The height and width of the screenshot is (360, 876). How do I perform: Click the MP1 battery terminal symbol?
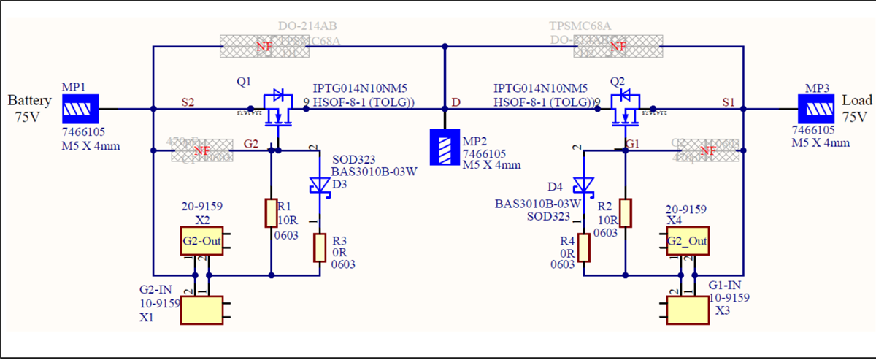point(77,110)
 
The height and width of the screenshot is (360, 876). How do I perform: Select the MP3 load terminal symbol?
point(818,110)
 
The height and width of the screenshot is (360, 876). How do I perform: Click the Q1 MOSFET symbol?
point(276,108)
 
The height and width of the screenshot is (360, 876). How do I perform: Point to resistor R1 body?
point(271,212)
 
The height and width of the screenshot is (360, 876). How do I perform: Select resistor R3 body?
point(320,248)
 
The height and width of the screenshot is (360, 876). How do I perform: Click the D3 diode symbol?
point(319,185)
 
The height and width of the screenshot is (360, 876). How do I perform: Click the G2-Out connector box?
point(201,240)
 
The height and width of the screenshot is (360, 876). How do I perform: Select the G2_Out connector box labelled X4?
point(688,240)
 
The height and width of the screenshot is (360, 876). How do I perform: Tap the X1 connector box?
point(201,310)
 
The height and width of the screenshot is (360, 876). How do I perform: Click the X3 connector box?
point(688,310)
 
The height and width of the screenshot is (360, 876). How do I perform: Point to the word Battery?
point(30,100)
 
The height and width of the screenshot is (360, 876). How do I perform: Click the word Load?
point(857,100)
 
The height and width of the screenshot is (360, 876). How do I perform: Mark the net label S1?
point(728,103)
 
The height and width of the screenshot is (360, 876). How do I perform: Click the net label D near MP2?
point(456,103)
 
